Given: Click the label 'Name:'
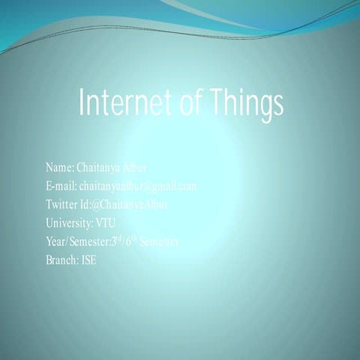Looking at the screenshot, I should pyautogui.click(x=60, y=166).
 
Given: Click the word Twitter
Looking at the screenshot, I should pyautogui.click(x=64, y=204).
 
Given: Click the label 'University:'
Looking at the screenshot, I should pyautogui.click(x=69, y=223).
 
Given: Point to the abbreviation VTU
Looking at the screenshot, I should pyautogui.click(x=106, y=223).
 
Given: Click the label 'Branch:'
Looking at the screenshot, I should pyautogui.click(x=62, y=260).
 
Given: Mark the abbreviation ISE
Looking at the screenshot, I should pyautogui.click(x=89, y=260).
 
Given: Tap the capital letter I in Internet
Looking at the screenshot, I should pyautogui.click(x=82, y=103).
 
